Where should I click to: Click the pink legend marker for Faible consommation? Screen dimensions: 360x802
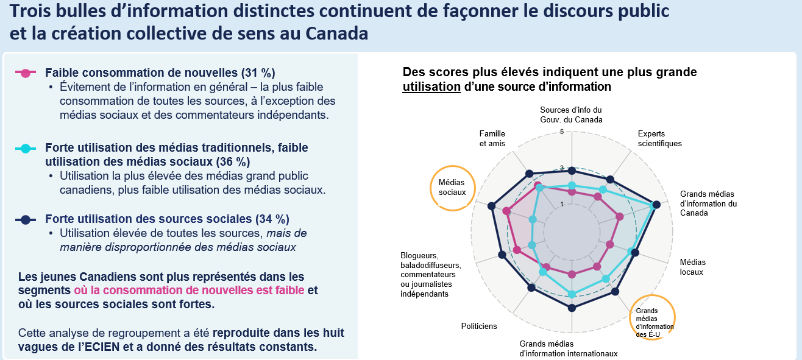tap(25, 73)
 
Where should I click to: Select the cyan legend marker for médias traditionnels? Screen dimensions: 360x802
tap(25, 148)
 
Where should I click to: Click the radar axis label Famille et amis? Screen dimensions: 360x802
tap(492, 138)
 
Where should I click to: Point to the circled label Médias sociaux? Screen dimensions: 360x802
tap(452, 188)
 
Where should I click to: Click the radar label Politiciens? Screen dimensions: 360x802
tap(479, 326)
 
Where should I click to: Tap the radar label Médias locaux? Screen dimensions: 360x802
tap(692, 267)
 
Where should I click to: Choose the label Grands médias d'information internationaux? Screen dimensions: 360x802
tap(569, 348)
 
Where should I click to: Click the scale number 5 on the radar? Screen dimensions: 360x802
tap(562, 132)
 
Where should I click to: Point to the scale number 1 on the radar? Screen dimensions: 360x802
tap(562, 205)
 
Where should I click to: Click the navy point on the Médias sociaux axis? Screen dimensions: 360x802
tap(492, 206)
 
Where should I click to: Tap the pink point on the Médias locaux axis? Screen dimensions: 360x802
tap(609, 245)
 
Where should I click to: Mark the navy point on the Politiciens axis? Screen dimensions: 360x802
tap(531, 288)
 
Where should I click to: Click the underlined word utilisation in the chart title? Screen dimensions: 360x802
tap(431, 86)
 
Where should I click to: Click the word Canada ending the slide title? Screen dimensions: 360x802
tap(336, 34)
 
